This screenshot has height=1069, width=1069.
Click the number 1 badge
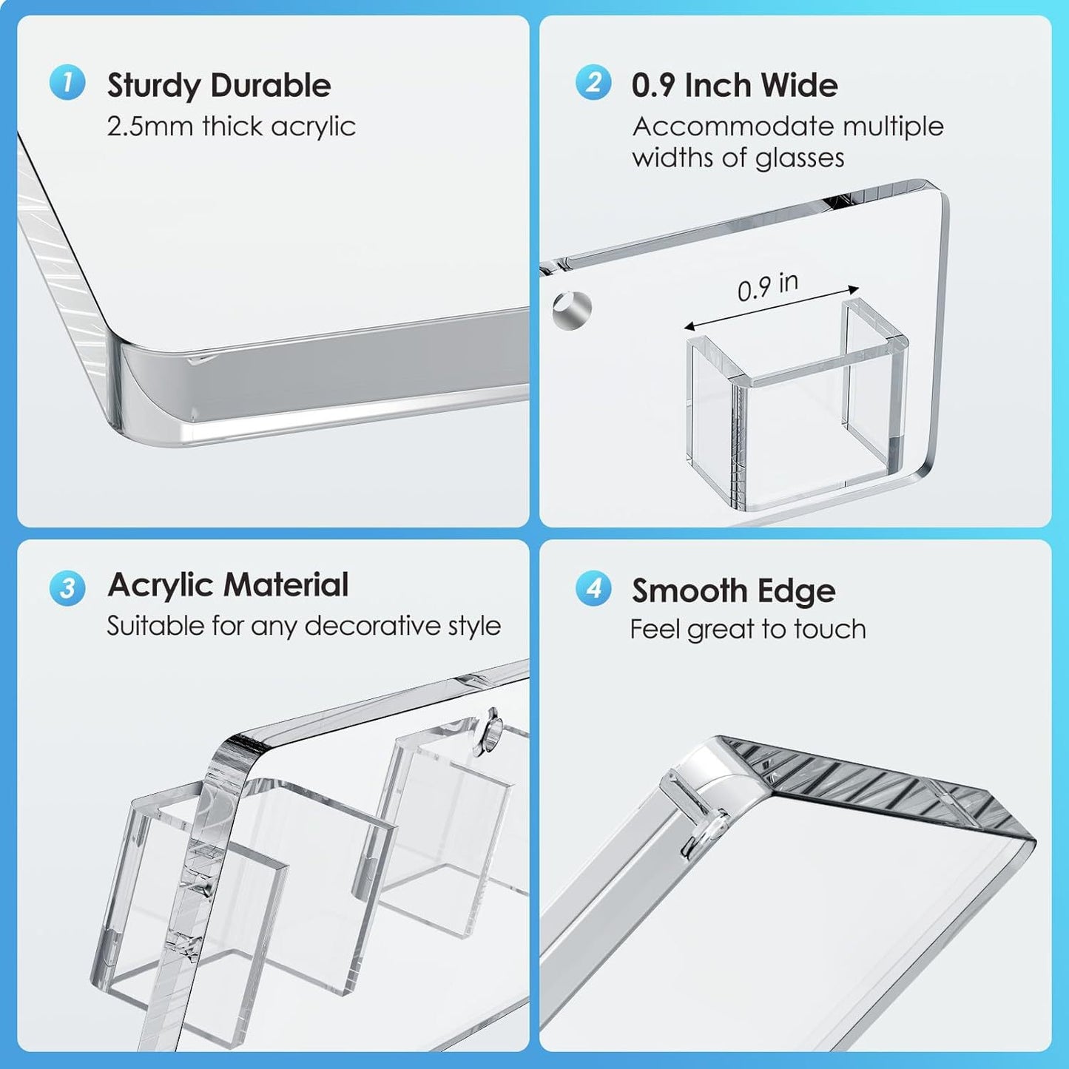click(x=67, y=82)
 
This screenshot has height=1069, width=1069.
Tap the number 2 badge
click(x=593, y=82)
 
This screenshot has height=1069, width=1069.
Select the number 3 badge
click(x=67, y=588)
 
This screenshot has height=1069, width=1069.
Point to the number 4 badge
click(x=593, y=589)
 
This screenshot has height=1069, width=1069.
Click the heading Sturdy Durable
click(x=219, y=86)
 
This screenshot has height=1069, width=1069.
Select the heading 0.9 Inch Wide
click(x=735, y=86)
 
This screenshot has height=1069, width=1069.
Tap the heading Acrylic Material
click(x=228, y=585)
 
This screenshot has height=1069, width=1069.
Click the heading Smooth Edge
click(x=733, y=591)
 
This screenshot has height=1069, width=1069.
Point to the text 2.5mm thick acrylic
click(x=232, y=127)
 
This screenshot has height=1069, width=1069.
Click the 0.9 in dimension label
click(x=768, y=286)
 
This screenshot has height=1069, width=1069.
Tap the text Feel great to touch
click(x=748, y=630)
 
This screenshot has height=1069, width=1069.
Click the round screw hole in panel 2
click(x=572, y=310)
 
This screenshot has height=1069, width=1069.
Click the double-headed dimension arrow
click(x=771, y=308)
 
